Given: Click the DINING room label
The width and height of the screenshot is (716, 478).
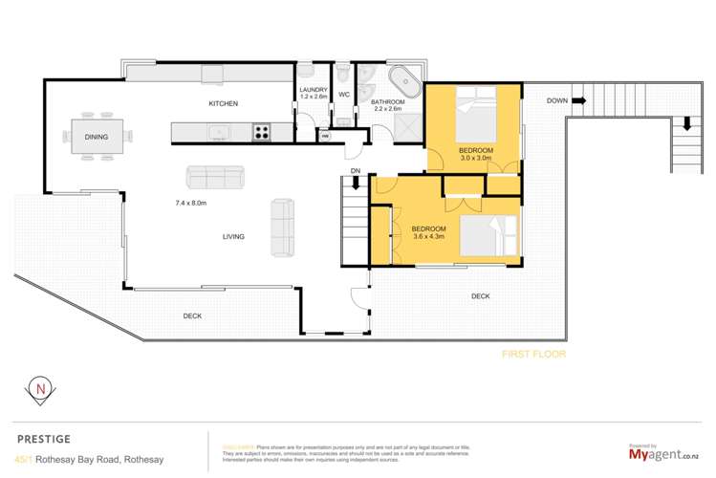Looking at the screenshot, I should pyautogui.click(x=96, y=137).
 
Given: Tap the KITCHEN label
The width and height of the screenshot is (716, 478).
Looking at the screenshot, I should pyautogui.click(x=224, y=103).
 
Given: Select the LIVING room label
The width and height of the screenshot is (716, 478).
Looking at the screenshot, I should pyautogui.click(x=233, y=236).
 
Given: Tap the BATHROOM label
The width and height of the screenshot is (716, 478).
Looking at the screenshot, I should pyautogui.click(x=388, y=101).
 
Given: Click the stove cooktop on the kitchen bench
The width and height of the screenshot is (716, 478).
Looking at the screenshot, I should pyautogui.click(x=262, y=133).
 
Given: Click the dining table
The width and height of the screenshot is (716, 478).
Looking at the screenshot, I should pyautogui.click(x=97, y=136).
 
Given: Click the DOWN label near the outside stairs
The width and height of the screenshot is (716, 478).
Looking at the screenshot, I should pyautogui.click(x=559, y=100).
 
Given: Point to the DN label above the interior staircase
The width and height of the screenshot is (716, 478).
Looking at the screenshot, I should pyautogui.click(x=355, y=171).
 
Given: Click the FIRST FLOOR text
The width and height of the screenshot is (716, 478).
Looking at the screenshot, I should pyautogui.click(x=534, y=354).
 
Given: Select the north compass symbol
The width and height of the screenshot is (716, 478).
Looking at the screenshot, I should pyautogui.click(x=38, y=389).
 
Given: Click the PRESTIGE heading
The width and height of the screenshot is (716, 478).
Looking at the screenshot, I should pyautogui.click(x=44, y=439).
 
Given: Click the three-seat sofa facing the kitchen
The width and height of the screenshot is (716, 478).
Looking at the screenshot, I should pyautogui.click(x=216, y=176).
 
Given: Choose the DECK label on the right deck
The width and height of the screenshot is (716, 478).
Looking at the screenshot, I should pyautogui.click(x=481, y=296).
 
